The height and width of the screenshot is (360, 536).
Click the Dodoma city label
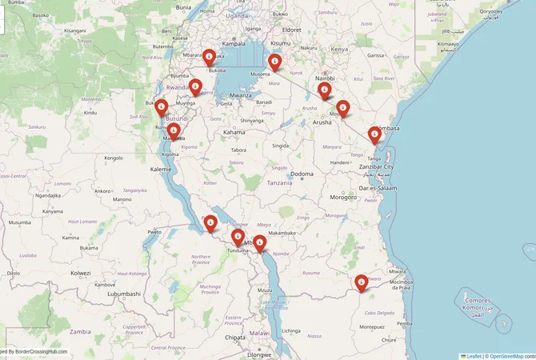coord(302,174)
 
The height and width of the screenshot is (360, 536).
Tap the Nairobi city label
coord(325,78)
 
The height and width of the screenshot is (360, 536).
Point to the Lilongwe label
coord(259,354)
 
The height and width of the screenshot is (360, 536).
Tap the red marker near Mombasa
coord(374,135)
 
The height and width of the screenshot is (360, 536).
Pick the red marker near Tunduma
coord(238,237)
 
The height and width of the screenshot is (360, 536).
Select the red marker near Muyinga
coord(195,89)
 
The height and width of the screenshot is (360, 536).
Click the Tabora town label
coord(238,150)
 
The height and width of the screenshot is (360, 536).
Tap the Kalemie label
coord(160,170)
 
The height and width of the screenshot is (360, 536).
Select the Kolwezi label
coord(80,273)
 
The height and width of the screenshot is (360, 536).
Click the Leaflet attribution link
coord(473,356)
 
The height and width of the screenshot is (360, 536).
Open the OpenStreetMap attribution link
coord(506,356)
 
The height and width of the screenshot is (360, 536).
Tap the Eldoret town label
coord(291,30)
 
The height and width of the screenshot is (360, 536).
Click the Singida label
coord(280,146)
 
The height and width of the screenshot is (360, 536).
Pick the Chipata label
coord(235,338)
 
